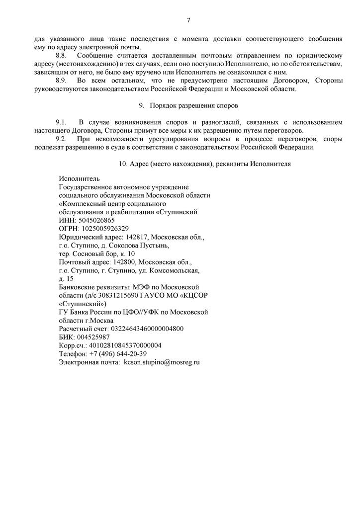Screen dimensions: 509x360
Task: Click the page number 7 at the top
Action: click(188, 20)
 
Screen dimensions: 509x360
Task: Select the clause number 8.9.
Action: click(61, 81)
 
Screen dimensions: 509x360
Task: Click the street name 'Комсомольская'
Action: click(177, 270)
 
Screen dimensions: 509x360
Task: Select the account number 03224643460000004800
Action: click(142, 329)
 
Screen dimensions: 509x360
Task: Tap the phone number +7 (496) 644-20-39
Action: click(118, 354)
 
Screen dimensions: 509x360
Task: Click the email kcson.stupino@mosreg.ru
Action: click(162, 362)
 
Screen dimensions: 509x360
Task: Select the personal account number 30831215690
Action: click(119, 295)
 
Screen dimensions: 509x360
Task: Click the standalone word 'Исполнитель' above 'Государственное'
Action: click(79, 178)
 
